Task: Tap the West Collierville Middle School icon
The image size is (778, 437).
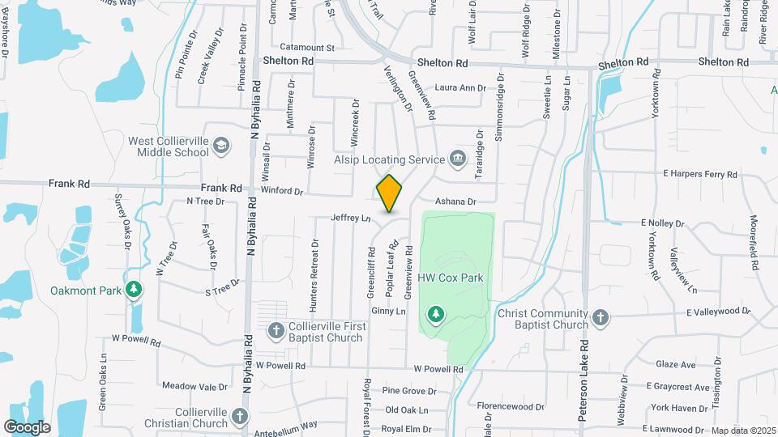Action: [221, 146]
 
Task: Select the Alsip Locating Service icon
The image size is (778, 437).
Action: [458, 159]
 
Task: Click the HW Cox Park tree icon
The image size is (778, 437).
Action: [436, 313]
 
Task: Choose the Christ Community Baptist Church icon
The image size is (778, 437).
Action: [600, 317]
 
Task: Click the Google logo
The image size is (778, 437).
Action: [27, 426]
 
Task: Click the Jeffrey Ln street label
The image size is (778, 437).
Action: [350, 218]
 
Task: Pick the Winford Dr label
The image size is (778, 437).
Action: [281, 192]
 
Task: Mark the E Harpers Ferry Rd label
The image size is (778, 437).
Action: [700, 174]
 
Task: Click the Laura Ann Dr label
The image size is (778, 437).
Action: [460, 87]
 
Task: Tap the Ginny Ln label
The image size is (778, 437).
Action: [388, 311]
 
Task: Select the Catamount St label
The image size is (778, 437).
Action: [307, 48]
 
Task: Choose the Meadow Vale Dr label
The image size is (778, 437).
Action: [195, 386]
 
